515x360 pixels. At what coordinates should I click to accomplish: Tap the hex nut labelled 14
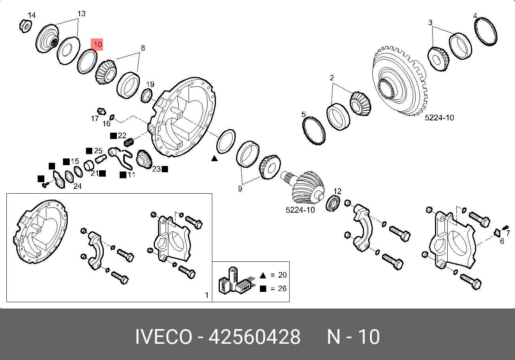point(25,26)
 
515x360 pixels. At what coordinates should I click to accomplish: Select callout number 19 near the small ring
point(150,84)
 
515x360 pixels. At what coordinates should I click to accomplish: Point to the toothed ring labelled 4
point(486,32)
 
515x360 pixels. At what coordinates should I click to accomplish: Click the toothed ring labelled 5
point(314,131)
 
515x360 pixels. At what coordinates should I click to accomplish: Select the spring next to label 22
point(129,142)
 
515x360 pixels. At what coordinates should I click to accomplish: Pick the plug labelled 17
point(101,111)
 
